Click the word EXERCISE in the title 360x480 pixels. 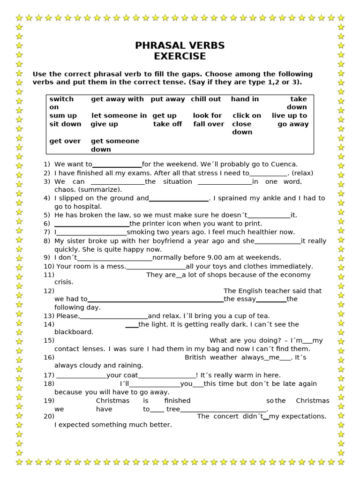tap(180, 56)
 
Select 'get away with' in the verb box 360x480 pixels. tap(117, 99)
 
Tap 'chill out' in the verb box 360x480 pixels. tap(206, 99)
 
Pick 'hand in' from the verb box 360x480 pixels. tap(245, 99)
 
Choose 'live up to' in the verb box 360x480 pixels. tap(289, 115)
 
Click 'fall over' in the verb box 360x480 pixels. tap(209, 124)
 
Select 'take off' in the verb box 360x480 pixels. tap(167, 124)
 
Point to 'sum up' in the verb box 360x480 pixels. tap(63, 115)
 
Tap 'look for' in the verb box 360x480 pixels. tap(207, 115)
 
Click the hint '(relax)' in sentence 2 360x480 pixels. tap(302, 173)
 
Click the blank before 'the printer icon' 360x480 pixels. tap(92, 224)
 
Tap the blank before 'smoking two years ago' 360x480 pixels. tap(91, 232)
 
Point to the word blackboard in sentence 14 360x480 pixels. tap(74, 332)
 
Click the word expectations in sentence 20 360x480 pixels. tap(303, 416)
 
